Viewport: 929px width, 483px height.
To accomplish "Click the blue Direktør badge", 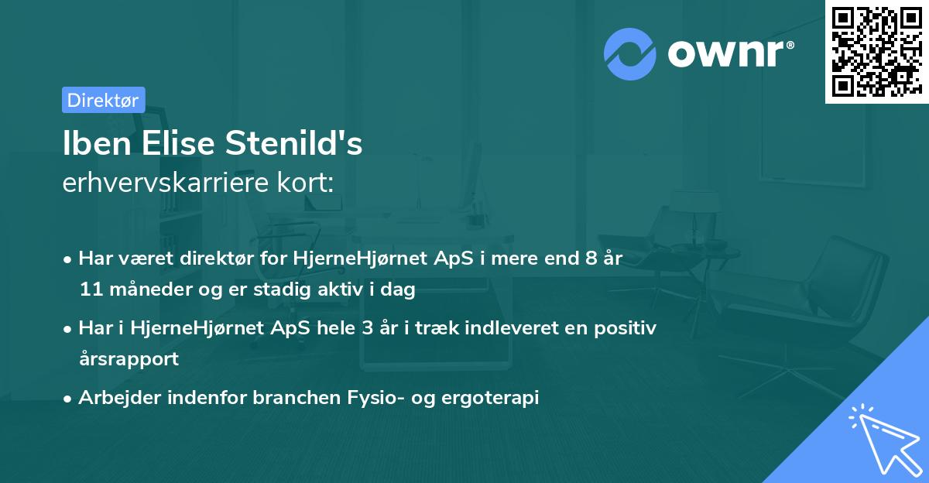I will coord(103,100).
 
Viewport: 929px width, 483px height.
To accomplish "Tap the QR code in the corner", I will coord(876,51).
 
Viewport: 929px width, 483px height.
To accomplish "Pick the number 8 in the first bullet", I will coord(591,259).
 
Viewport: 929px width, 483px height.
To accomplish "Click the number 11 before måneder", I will coord(89,289).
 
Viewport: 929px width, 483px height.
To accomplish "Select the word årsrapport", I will coord(129,359).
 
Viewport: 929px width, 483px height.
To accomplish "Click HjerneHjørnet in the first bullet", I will coord(352,259).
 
